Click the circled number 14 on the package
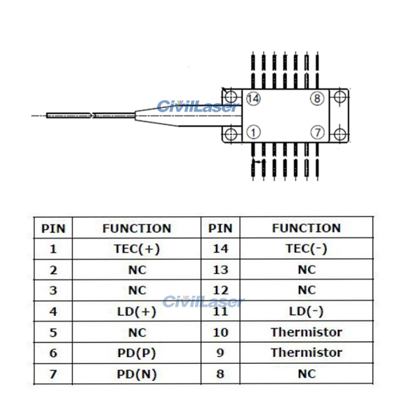click(x=254, y=99)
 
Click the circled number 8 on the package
click(x=317, y=99)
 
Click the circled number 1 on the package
click(x=254, y=133)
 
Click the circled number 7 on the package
click(x=317, y=133)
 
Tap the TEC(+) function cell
click(x=137, y=249)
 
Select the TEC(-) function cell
click(x=306, y=249)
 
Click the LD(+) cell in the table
click(x=137, y=311)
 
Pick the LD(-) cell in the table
click(x=306, y=311)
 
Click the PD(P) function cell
click(x=137, y=353)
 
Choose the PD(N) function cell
click(x=137, y=374)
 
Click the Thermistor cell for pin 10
click(x=306, y=332)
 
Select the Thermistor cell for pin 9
click(x=306, y=353)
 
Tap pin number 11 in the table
click(x=220, y=311)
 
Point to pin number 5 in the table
click(x=53, y=333)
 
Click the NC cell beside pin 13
click(x=306, y=270)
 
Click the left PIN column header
click(x=53, y=229)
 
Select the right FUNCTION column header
click(x=306, y=228)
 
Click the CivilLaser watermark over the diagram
click(x=197, y=107)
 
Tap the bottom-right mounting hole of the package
click(x=339, y=134)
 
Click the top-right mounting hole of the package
click(x=339, y=97)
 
